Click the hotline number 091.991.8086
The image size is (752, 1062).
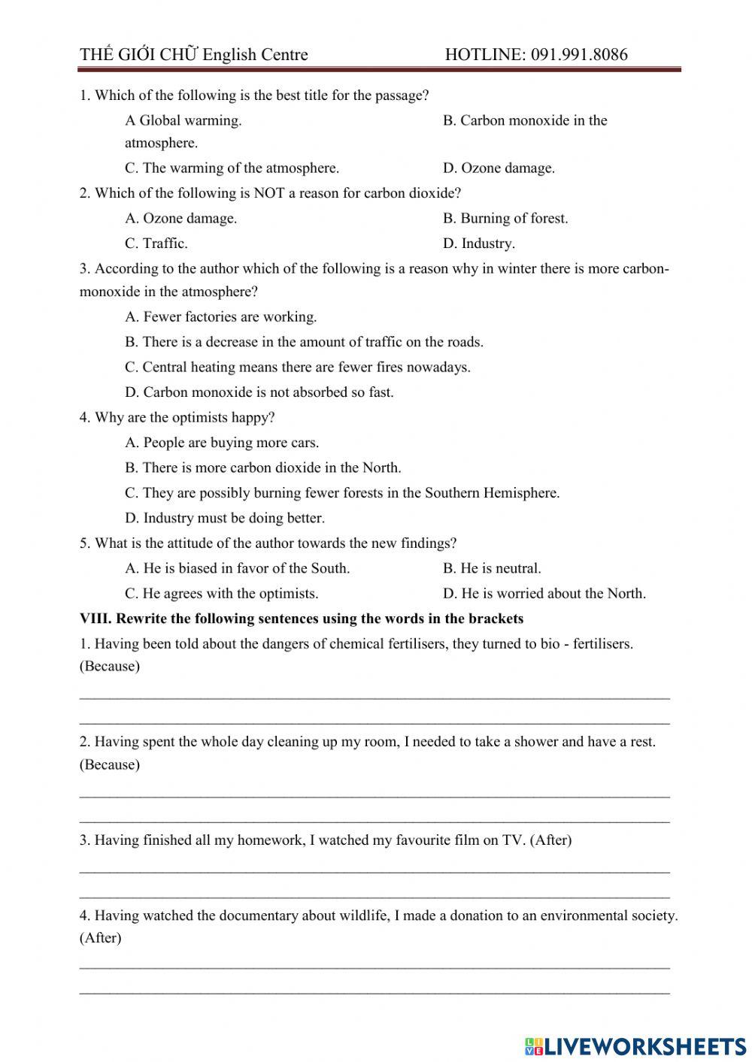pos(579,54)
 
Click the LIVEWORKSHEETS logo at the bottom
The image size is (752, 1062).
pos(635,1045)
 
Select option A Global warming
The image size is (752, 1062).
pos(183,120)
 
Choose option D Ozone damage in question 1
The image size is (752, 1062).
pos(499,168)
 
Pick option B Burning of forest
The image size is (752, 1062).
pos(505,219)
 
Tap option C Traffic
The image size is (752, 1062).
pos(156,244)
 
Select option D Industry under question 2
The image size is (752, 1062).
pos(479,244)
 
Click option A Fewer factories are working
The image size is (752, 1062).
pos(221,317)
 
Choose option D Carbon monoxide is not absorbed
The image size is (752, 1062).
pos(259,392)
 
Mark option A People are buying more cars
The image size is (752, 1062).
pos(222,443)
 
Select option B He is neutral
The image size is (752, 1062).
pos(492,568)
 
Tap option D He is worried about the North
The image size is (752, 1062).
pos(544,594)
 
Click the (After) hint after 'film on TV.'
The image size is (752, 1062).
pos(550,840)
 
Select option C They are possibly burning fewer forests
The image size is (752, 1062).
pos(342,493)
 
